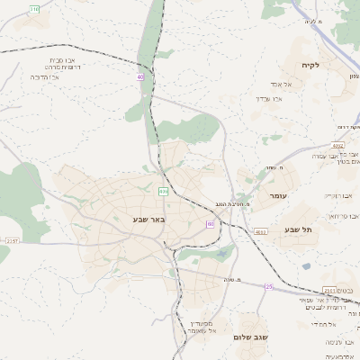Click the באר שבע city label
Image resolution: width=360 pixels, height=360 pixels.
147,219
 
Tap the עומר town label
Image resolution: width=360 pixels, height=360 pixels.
277,195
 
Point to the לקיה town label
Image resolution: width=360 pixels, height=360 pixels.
311,66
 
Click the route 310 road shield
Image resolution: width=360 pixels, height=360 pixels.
34,8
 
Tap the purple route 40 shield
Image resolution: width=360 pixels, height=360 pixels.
140,77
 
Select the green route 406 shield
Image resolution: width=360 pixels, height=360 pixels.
163,191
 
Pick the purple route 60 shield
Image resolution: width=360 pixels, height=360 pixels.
210,224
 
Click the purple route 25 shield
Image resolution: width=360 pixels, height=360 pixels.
268,286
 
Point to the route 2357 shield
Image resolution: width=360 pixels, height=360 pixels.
12,241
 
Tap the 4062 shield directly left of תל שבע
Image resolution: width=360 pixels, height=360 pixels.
260,231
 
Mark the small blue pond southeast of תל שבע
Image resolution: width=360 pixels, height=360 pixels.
308,266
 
